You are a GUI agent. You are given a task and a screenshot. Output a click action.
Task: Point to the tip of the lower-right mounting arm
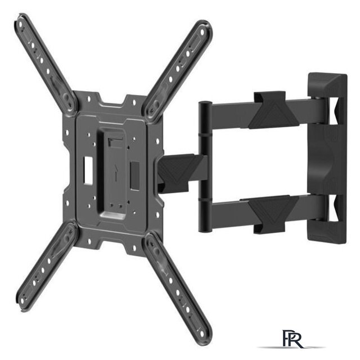point(204,337)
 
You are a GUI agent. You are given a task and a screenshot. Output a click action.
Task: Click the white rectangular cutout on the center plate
point(88,170)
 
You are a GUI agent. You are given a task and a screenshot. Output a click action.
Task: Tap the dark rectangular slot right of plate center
point(135,176)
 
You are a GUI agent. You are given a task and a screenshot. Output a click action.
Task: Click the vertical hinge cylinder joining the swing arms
point(204,167)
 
